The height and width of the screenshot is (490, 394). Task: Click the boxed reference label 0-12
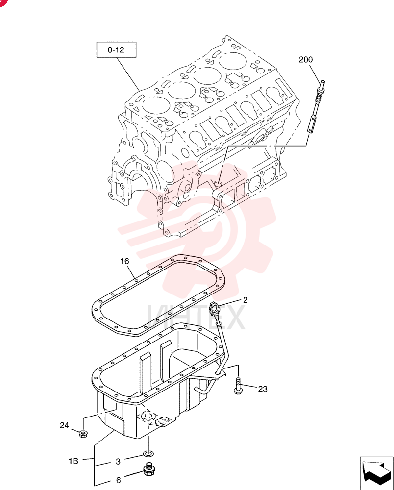pyautogui.click(x=116, y=49)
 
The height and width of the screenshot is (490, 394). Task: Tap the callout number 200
pyautogui.click(x=306, y=60)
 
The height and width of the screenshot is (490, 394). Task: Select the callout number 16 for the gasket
pyautogui.click(x=124, y=261)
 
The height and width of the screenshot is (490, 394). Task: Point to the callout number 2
pyautogui.click(x=246, y=300)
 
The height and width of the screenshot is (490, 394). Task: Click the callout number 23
pyautogui.click(x=263, y=389)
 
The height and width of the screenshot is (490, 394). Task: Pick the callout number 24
pyautogui.click(x=64, y=425)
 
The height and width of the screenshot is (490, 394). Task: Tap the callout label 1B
pyautogui.click(x=74, y=461)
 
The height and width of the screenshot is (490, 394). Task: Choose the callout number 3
pyautogui.click(x=118, y=462)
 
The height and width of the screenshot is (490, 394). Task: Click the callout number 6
pyautogui.click(x=118, y=480)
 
